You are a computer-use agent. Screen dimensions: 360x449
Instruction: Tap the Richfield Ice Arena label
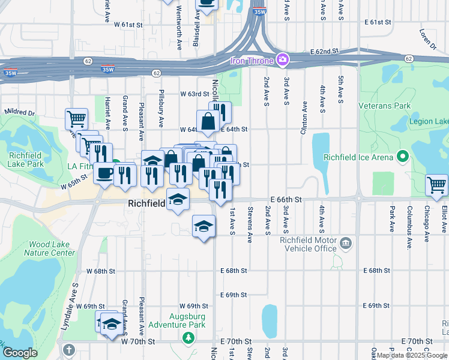point(358,158)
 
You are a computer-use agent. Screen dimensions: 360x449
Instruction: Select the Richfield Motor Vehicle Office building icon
point(346,243)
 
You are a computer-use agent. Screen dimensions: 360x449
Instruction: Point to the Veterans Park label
point(385,106)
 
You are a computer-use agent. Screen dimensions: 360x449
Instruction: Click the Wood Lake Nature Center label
point(49,248)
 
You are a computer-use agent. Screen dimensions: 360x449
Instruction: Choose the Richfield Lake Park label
point(26,159)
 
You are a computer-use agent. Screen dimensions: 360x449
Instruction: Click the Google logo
point(20,353)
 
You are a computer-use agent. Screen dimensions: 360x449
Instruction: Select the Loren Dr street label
point(427,38)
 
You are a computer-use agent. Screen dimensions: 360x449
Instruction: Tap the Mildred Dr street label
point(20,112)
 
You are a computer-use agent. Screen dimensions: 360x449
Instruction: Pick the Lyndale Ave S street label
point(76,298)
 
